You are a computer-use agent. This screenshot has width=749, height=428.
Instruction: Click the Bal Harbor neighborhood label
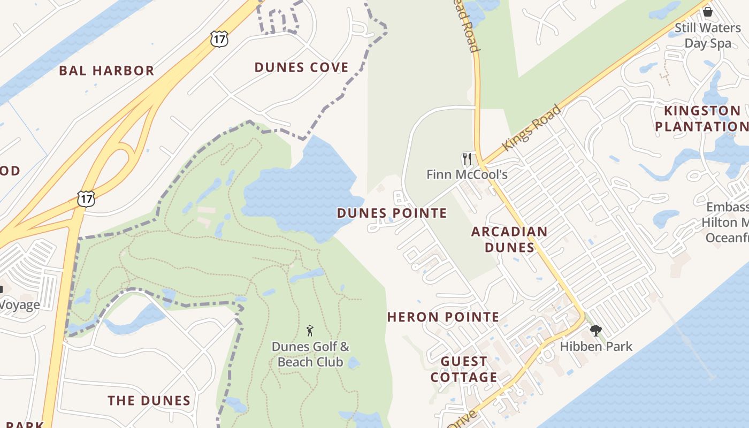[106, 71]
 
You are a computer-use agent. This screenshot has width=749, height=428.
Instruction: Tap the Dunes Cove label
[301, 67]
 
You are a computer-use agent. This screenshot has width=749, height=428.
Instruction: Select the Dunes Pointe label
[392, 213]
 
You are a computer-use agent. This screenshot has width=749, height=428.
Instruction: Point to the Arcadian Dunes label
[509, 239]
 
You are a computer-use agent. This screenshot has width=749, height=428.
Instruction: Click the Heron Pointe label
[443, 317]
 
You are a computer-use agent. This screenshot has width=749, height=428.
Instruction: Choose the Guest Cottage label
[464, 369]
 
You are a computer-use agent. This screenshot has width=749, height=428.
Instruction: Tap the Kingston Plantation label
[701, 119]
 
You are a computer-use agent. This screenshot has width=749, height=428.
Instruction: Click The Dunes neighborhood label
[149, 401]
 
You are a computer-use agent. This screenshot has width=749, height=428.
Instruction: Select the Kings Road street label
[532, 128]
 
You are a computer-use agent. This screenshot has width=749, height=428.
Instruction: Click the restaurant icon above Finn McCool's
[467, 159]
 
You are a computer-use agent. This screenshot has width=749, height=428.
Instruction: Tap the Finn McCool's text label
[467, 174]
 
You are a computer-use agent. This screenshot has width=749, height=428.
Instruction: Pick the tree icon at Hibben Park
[596, 331]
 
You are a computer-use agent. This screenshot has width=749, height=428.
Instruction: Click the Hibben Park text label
[596, 347]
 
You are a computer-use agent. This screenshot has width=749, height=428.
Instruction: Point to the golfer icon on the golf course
[309, 331]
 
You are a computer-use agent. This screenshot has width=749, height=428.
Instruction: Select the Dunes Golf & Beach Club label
[310, 354]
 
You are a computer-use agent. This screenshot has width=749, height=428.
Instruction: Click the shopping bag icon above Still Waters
[707, 11]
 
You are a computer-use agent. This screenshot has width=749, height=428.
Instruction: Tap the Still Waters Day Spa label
[707, 35]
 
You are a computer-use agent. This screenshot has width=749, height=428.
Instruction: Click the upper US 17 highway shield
[219, 39]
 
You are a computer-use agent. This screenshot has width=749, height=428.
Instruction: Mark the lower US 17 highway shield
[86, 198]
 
